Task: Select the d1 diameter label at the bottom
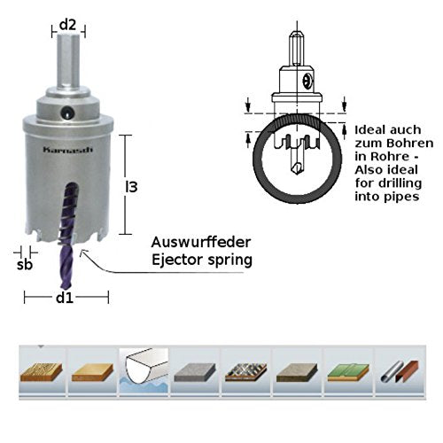point(64,297)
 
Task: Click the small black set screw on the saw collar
point(67,113)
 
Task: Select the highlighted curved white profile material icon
point(145,365)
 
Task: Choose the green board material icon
point(347,365)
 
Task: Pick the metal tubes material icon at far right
point(398,365)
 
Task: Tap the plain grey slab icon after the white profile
point(196,365)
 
